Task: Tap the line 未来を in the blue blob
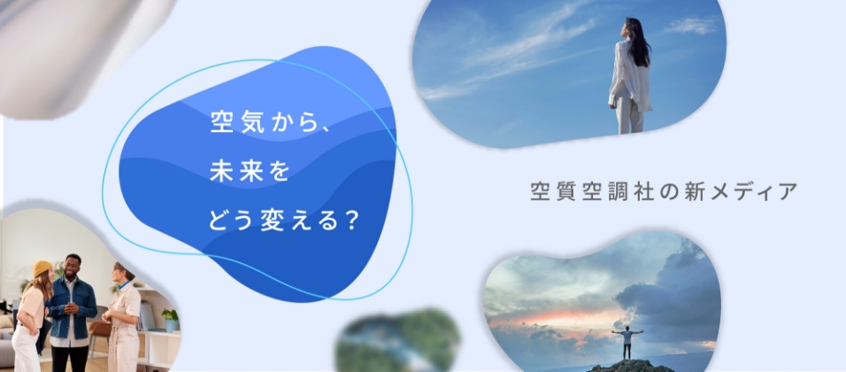[x=250, y=171]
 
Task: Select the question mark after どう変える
[x=351, y=219]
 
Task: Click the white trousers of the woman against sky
[x=631, y=113]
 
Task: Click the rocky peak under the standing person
[x=630, y=365]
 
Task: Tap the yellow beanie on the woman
[x=42, y=268]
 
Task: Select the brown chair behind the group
[x=100, y=333]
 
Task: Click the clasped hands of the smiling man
[x=72, y=309]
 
